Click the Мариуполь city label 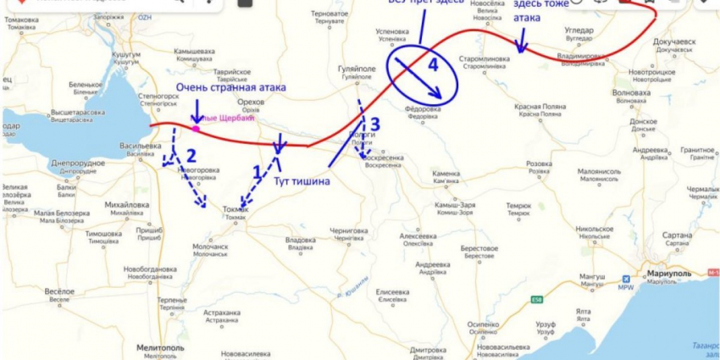667,274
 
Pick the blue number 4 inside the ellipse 433,64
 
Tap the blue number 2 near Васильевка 191,155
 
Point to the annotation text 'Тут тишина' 301,180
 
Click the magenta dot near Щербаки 196,129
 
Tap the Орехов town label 252,102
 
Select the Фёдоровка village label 421,108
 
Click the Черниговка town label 348,230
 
